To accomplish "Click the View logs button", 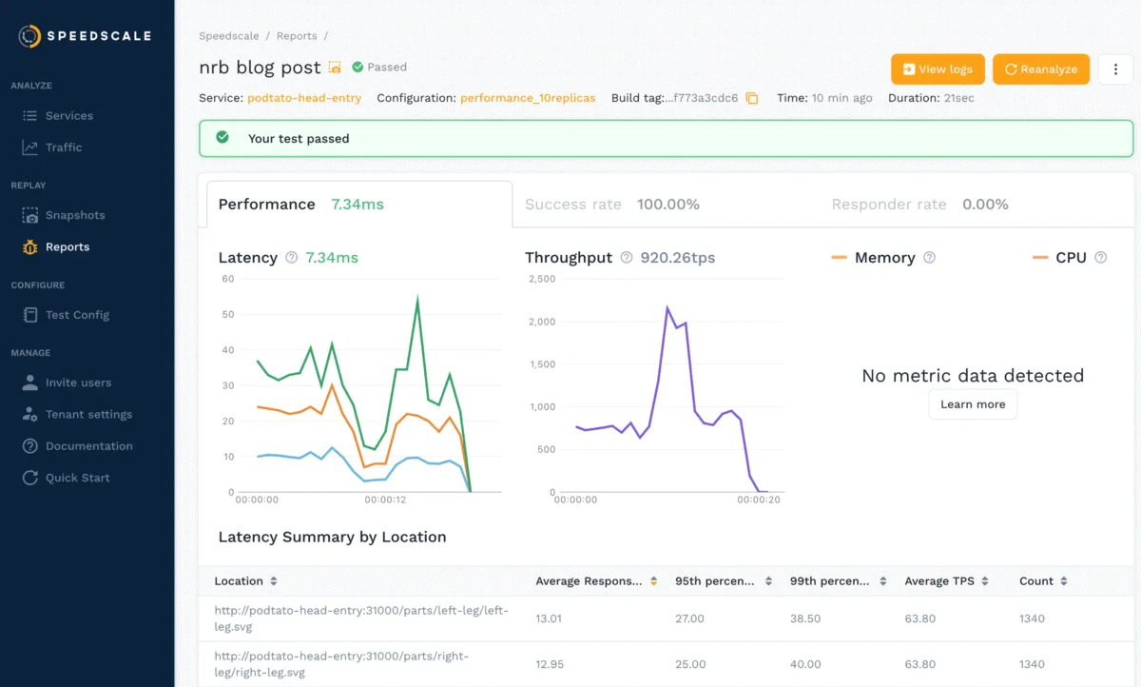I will click(937, 69).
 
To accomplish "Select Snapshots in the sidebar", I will click(74, 215).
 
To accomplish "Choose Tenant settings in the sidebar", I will click(87, 415).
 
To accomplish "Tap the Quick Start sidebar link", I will click(77, 478).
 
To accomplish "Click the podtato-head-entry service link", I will click(304, 98).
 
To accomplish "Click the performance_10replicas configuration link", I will click(528, 98).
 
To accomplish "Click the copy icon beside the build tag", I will click(752, 98).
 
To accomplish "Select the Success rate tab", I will click(611, 205).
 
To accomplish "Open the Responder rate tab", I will click(919, 205).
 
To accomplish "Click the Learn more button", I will click(972, 404).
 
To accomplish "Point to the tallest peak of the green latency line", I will click(417, 299).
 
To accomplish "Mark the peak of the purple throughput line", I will click(667, 307).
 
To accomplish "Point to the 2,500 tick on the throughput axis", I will click(541, 279).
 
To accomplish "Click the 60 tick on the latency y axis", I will click(227, 279).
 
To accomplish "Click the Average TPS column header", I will click(946, 581).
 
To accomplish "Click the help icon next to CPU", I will click(1101, 258).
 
